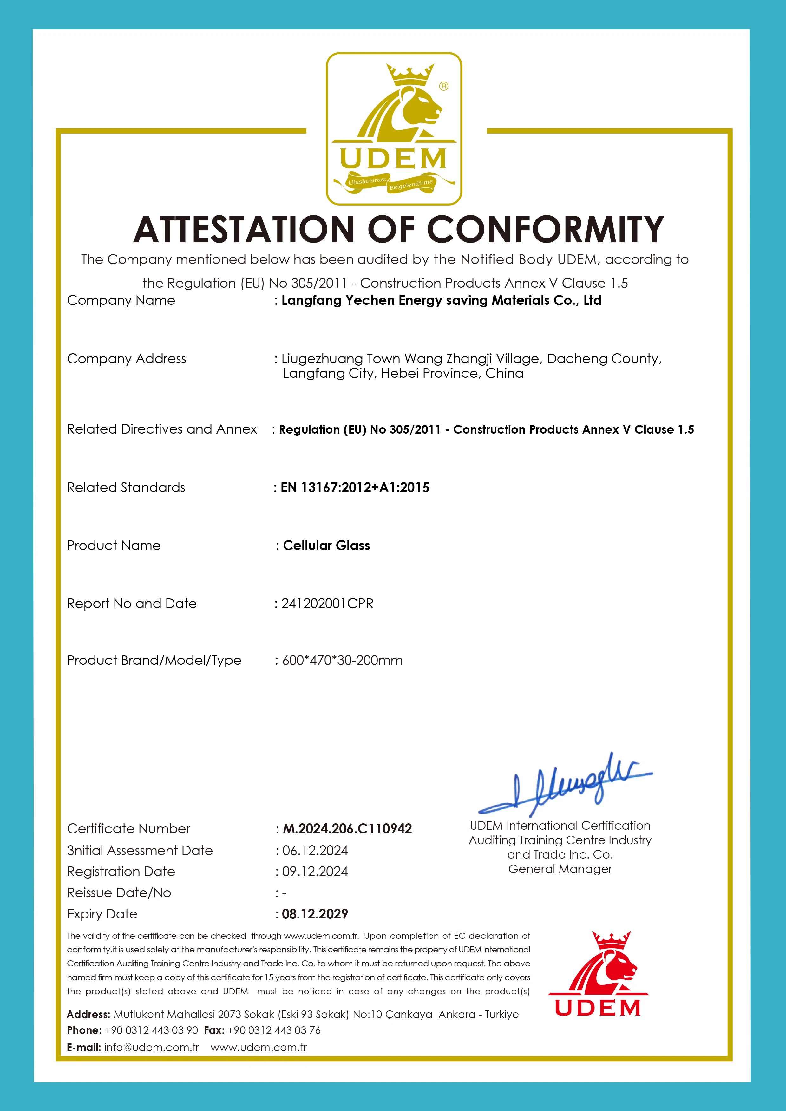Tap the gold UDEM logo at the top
(394, 129)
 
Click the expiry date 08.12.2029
(315, 914)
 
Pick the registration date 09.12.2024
(315, 872)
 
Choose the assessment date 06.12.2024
(315, 850)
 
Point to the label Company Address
(126, 359)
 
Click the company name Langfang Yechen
(441, 300)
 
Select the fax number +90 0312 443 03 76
(274, 1030)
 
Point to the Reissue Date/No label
(119, 893)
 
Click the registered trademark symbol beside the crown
(443, 86)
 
